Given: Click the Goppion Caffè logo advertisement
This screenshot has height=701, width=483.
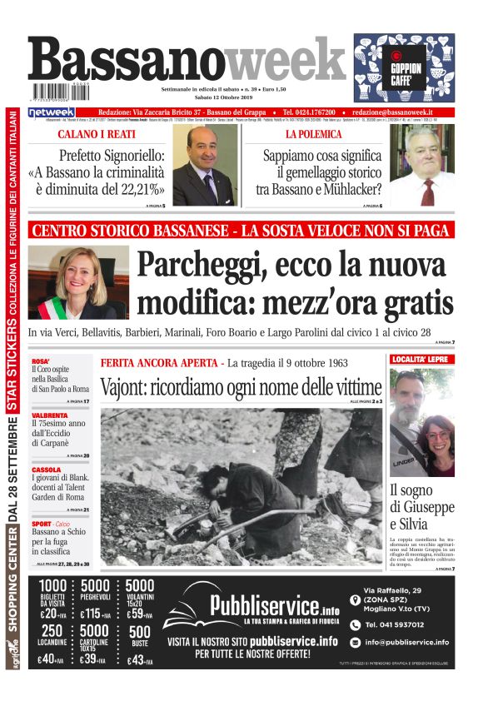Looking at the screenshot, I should click(x=404, y=68).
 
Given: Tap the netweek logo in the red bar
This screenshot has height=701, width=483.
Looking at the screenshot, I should click(x=52, y=112).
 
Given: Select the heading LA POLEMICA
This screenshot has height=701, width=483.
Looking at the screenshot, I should click(x=313, y=133).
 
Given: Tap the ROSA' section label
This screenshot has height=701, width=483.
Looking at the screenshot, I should click(x=42, y=361).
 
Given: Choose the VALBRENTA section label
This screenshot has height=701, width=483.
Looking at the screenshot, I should click(x=51, y=415).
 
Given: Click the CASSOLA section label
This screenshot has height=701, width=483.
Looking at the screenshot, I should click(x=47, y=469).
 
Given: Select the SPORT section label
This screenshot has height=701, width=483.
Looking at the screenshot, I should click(x=43, y=521).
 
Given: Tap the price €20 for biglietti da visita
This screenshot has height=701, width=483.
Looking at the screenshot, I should click(x=51, y=615).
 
